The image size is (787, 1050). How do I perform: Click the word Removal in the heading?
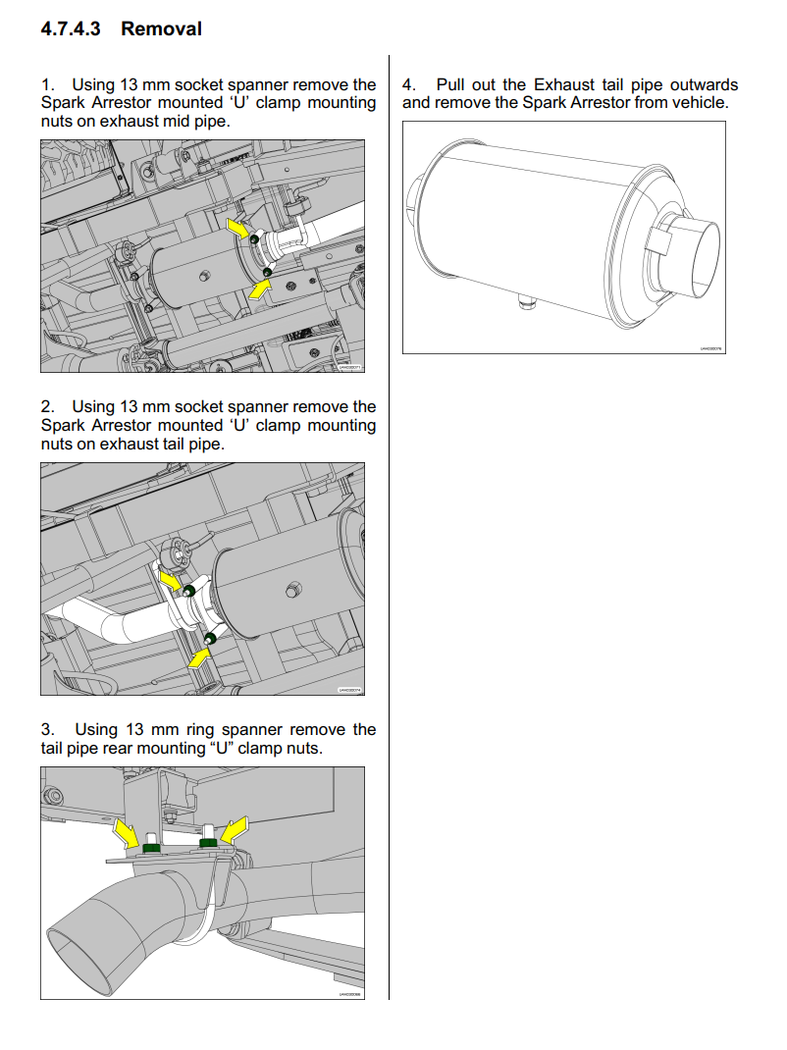point(161,29)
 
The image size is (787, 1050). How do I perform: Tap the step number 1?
point(46,85)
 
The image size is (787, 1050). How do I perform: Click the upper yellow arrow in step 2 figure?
point(172,582)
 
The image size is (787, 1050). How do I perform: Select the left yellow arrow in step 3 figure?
point(127,833)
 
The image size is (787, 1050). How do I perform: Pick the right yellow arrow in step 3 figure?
point(233,831)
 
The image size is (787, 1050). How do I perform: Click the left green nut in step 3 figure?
point(152,846)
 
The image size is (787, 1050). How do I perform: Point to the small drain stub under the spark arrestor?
point(527,305)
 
